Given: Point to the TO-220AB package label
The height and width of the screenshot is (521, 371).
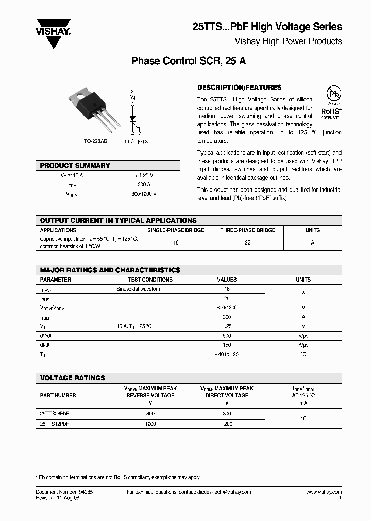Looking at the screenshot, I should point(96,141).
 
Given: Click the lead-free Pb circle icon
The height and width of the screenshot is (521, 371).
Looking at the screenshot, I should point(334,95).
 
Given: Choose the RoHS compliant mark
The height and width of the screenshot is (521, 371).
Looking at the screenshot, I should point(332,113).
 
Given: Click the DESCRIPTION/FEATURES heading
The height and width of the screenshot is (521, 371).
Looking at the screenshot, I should point(240,88).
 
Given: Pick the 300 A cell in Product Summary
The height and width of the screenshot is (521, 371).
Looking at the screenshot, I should point(144,184).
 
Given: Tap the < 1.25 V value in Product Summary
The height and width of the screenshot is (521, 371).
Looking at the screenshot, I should point(144,175).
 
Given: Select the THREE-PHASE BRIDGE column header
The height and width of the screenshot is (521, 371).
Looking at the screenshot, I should point(247,230).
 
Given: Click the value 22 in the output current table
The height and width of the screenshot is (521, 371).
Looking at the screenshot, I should point(247,242).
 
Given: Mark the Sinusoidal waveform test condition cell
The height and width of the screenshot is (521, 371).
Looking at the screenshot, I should point(139,289).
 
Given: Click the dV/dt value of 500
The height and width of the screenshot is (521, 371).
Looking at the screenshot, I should point(227,336).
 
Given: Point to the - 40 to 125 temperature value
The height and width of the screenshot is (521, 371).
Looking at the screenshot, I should point(227,354).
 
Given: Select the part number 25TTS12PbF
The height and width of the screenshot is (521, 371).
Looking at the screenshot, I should point(55,424).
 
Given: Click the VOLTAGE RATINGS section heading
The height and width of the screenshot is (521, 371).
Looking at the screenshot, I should point(73,378).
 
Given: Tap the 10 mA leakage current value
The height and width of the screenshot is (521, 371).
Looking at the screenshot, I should point(303,419).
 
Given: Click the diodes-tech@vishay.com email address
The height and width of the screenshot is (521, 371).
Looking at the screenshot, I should point(224,492).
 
